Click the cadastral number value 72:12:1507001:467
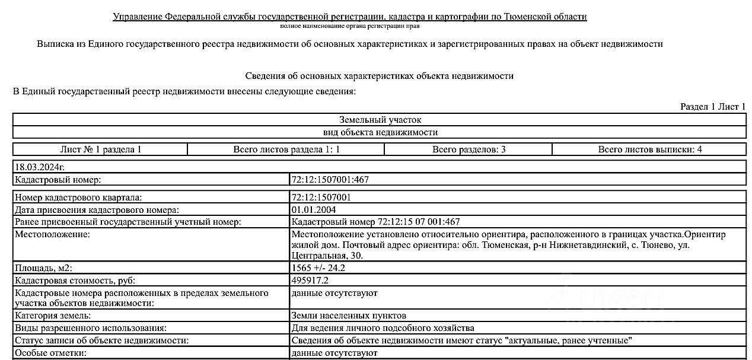click(x=330, y=180)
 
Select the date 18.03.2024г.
click(x=40, y=167)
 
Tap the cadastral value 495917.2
click(x=310, y=281)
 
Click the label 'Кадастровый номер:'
click(x=58, y=180)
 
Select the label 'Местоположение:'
click(x=52, y=234)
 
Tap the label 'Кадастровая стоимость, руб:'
click(x=71, y=281)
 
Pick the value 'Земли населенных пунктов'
click(x=349, y=316)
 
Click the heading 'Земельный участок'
click(x=380, y=120)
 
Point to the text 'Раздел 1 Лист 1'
click(x=713, y=107)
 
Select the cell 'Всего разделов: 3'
click(x=469, y=149)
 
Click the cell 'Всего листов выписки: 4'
click(x=649, y=149)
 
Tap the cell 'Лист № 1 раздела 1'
click(x=101, y=149)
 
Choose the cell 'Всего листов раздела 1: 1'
click(x=286, y=149)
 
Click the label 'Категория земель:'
click(x=53, y=316)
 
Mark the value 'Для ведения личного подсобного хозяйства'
click(x=383, y=328)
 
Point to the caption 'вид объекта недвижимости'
click(x=380, y=132)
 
